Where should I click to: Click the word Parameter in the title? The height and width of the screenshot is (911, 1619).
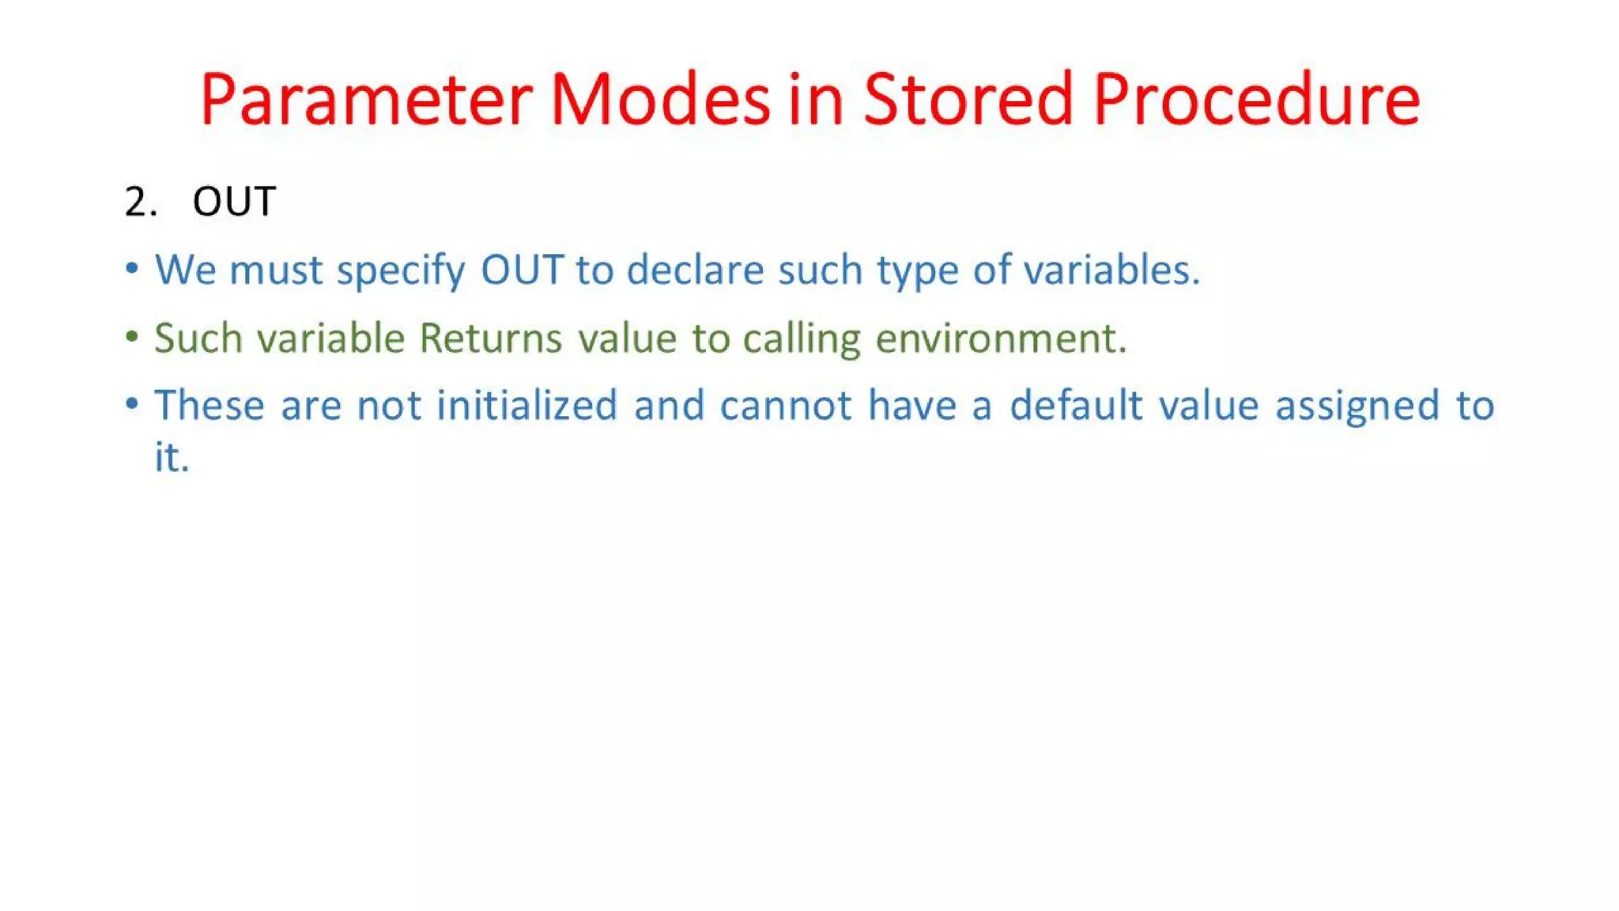click(366, 100)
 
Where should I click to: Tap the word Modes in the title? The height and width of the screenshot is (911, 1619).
click(659, 100)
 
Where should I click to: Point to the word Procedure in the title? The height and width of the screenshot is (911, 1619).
click(1256, 100)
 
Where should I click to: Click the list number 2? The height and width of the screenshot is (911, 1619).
click(140, 202)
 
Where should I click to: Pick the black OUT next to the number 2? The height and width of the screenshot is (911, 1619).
click(234, 202)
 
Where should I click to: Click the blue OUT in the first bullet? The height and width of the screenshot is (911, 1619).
click(522, 270)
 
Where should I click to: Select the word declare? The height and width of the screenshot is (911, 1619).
click(695, 270)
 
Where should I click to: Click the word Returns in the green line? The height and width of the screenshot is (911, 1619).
click(490, 338)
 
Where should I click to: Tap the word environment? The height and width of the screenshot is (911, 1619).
click(1000, 338)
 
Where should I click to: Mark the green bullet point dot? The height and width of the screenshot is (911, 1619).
click(132, 337)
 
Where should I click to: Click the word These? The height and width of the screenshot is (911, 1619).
click(209, 406)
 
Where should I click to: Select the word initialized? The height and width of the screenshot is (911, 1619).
click(526, 406)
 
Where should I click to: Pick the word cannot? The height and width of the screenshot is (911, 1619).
click(786, 406)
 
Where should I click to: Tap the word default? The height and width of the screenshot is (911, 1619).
click(1076, 406)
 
